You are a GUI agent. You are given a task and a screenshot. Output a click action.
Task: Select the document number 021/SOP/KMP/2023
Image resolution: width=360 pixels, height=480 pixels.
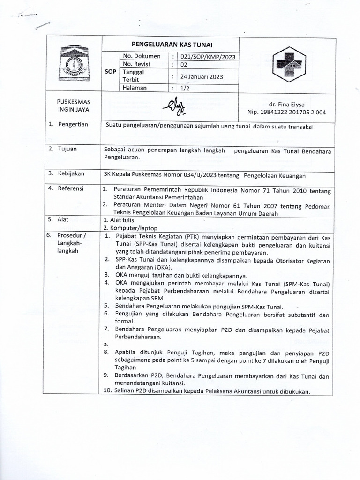tap(208, 57)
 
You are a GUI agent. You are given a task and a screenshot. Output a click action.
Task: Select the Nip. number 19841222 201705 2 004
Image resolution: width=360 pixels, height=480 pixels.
tap(287, 112)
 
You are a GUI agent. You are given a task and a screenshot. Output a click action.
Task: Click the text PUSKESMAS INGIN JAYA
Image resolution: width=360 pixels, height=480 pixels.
tap(74, 105)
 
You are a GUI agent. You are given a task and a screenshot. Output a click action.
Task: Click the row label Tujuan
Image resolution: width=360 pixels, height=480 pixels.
tap(67, 149)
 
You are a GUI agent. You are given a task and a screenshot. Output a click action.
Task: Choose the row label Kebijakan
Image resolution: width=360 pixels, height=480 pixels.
tap(71, 173)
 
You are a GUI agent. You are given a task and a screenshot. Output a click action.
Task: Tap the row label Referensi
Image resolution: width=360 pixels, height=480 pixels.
tap(71, 188)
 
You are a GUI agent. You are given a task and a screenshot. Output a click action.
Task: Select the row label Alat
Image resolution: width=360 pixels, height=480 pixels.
tap(63, 219)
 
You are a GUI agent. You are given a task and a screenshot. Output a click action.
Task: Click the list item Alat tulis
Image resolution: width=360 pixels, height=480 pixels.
tap(121, 219)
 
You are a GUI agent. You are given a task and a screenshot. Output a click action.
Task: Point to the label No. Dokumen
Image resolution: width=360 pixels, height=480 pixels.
tap(139, 57)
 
